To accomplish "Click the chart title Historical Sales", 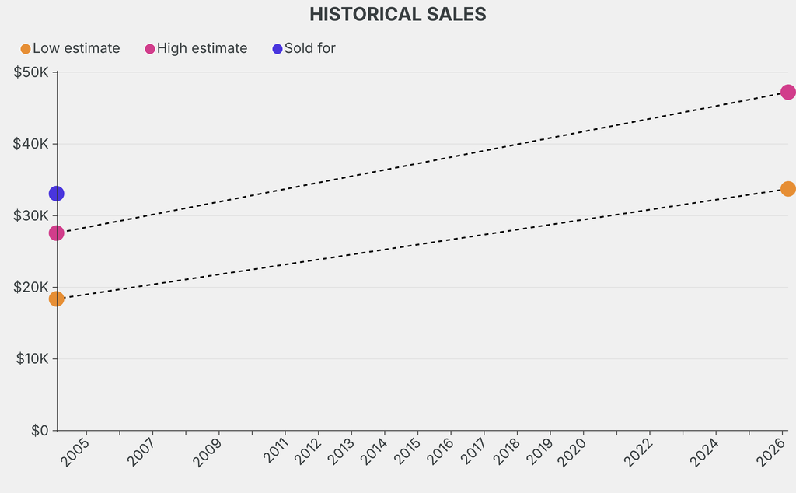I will [x=397, y=14].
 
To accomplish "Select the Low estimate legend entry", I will [x=71, y=48].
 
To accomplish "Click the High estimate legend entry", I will [x=197, y=48].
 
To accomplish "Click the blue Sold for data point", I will [x=56, y=194].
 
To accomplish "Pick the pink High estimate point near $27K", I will [x=56, y=233].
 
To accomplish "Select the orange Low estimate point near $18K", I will [x=56, y=299].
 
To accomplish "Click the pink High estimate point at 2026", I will [x=787, y=93].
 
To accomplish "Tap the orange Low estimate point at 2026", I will [x=787, y=189].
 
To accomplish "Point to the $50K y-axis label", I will [x=31, y=72].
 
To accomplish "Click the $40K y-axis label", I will [x=31, y=144].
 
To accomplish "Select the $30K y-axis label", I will [x=31, y=215].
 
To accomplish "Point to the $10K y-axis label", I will [x=31, y=358].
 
